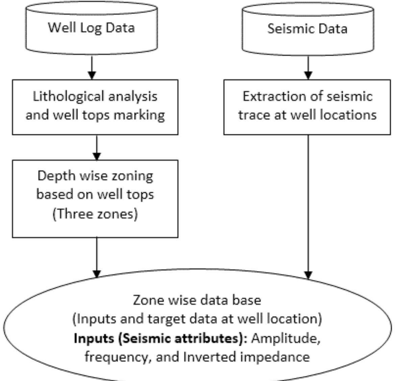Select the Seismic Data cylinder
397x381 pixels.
click(307, 29)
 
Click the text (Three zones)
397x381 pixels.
click(95, 214)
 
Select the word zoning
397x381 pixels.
click(133, 176)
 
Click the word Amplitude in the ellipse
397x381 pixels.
click(286, 338)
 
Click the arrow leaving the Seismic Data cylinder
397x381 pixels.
click(308, 68)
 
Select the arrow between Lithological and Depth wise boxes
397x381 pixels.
click(97, 147)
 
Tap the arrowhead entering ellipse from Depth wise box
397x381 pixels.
click(97, 273)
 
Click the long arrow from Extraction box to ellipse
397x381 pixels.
click(308, 203)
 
